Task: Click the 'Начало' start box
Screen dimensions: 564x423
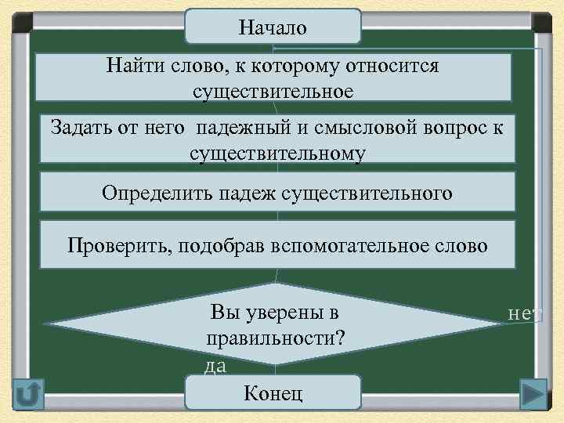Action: coord(273,27)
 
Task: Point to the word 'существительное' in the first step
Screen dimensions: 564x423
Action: coord(273,92)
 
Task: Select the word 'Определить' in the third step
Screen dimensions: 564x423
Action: coord(150,193)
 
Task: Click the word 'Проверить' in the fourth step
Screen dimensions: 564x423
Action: coord(118,245)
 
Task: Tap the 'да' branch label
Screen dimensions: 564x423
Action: coord(215,365)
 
